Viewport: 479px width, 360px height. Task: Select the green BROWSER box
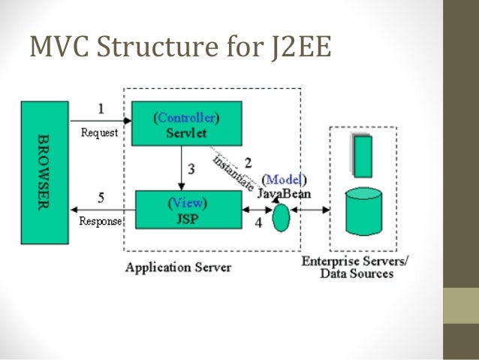pos(45,173)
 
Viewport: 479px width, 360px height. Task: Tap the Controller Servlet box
pos(187,125)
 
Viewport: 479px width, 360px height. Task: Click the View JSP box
pos(188,209)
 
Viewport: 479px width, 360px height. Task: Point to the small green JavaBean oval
pos(281,218)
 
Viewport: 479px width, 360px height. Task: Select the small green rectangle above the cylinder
pos(363,156)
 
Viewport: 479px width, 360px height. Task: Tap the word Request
pos(99,133)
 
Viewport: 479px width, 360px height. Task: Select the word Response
pos(100,222)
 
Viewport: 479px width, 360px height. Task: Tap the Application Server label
pos(178,267)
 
